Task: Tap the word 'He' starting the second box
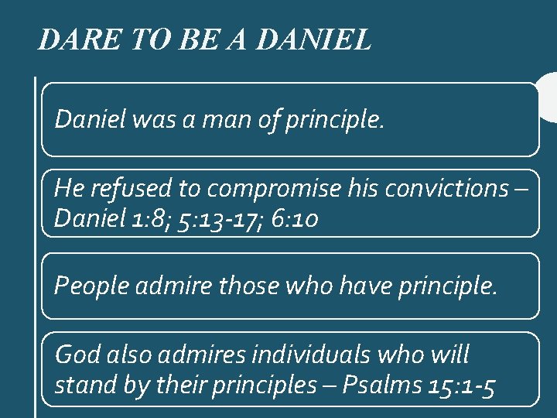(x=67, y=188)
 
